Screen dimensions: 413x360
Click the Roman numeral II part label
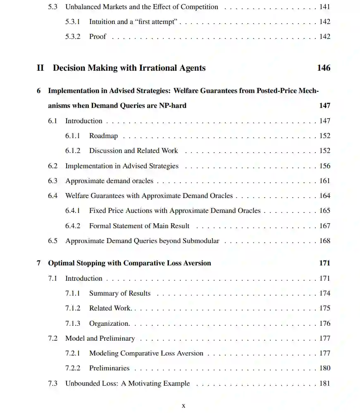40,68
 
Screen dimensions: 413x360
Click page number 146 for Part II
324,68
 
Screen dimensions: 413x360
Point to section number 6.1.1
73,136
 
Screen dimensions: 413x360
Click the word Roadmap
103,136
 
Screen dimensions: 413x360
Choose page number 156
325,166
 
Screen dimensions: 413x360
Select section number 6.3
52,181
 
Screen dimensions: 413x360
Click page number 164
325,196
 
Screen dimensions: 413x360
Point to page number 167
325,226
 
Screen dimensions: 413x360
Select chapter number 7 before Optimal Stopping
38,263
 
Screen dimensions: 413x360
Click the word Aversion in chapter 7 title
197,263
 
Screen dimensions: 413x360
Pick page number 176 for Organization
325,323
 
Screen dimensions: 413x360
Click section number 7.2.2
73,368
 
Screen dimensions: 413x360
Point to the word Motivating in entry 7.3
145,383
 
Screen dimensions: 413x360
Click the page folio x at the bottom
184,406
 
